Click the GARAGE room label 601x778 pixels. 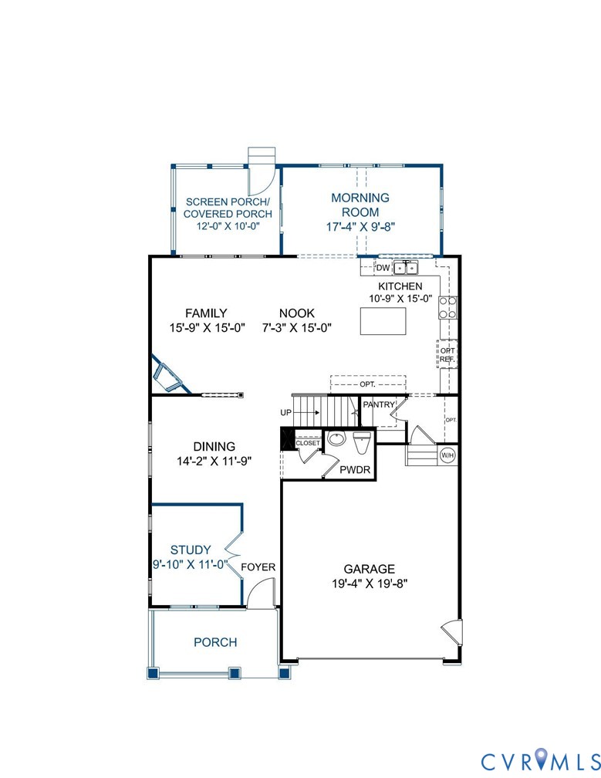coord(370,569)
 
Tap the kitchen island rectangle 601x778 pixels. coord(383,321)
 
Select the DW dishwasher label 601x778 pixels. coord(383,268)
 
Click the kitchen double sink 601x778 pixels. coord(406,268)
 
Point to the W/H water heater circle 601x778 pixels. coord(447,455)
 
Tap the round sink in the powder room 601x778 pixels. coord(336,440)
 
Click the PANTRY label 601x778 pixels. coord(379,404)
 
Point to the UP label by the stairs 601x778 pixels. coord(286,413)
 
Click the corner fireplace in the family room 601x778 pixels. coord(168,376)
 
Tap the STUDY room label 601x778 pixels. coord(191,550)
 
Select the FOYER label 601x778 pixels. coord(258,567)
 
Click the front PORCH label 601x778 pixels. coord(215,642)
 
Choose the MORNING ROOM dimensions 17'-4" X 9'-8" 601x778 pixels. coord(360,227)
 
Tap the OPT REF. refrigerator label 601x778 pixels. coord(447,354)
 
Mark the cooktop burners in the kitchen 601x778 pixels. coord(447,307)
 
